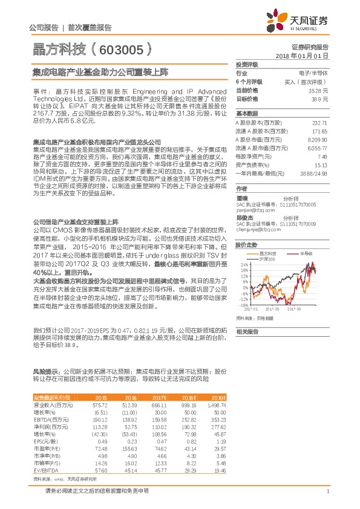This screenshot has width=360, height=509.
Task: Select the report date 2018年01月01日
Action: (309, 55)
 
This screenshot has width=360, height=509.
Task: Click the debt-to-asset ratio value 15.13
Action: (320, 164)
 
